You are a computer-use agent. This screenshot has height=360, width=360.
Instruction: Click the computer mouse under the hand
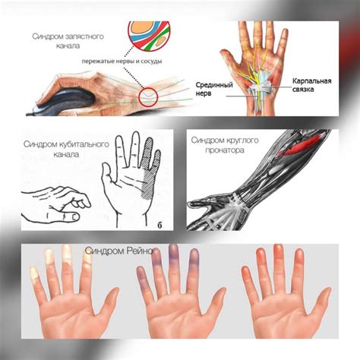click(63, 102)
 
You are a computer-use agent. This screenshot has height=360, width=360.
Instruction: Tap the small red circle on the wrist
click(148, 96)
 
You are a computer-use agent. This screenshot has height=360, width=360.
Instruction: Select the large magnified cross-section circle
click(149, 36)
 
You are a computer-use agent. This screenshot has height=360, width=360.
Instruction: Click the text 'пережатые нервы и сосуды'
click(122, 62)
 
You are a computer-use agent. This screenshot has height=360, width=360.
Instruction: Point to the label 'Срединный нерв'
click(214, 89)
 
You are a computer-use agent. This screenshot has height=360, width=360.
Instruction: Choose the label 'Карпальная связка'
click(312, 85)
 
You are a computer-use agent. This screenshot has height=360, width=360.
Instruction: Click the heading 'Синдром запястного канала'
click(68, 41)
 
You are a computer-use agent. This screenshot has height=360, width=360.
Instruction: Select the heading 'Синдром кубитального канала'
click(66, 149)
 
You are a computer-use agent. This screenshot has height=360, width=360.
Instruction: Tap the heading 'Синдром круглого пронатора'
click(225, 145)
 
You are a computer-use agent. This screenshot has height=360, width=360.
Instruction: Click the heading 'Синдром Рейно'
click(119, 251)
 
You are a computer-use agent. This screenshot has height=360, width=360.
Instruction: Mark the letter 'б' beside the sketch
click(159, 225)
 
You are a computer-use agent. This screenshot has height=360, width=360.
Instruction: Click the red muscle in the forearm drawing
click(298, 147)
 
